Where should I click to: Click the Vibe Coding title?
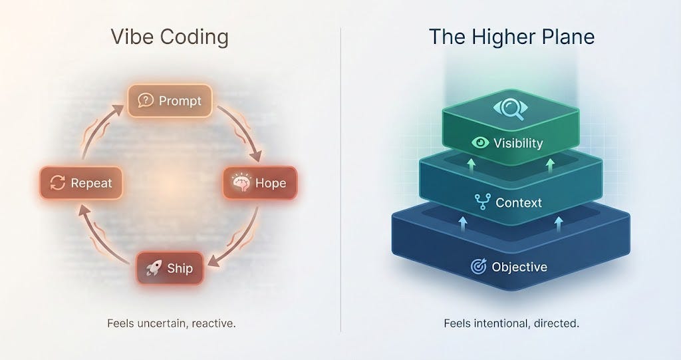click(169, 37)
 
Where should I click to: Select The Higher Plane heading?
click(511, 37)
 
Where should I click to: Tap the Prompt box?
click(170, 101)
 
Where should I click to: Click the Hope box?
click(259, 183)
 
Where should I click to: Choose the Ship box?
click(170, 268)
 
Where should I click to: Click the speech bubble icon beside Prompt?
click(145, 100)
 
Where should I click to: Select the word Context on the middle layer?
click(519, 202)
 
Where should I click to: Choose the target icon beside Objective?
click(478, 267)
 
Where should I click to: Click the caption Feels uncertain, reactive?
click(171, 324)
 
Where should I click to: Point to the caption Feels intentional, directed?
click(511, 324)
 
